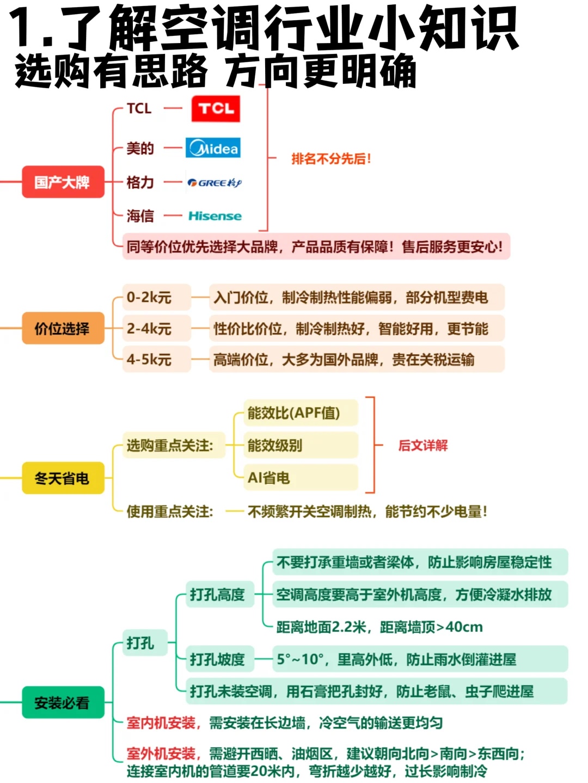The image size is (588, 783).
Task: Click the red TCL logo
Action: [216, 109]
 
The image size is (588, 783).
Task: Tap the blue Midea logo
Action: [213, 148]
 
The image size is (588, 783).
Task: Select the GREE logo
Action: [214, 183]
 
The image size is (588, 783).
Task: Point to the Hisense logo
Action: [215, 216]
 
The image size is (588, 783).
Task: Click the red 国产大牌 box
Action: [63, 182]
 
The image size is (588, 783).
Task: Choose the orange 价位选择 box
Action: [63, 329]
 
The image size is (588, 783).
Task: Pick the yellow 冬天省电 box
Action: [63, 478]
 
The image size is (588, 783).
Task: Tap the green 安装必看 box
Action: [63, 703]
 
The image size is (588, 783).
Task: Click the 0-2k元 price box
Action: [156, 298]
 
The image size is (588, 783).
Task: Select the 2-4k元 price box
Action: [156, 329]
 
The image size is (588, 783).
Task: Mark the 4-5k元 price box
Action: [156, 360]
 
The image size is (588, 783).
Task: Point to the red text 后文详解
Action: [423, 446]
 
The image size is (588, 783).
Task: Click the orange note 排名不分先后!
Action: [331, 159]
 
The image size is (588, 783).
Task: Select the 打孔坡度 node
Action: [218, 659]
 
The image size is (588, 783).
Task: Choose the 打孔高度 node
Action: [218, 595]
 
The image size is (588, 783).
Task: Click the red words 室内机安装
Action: [161, 723]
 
